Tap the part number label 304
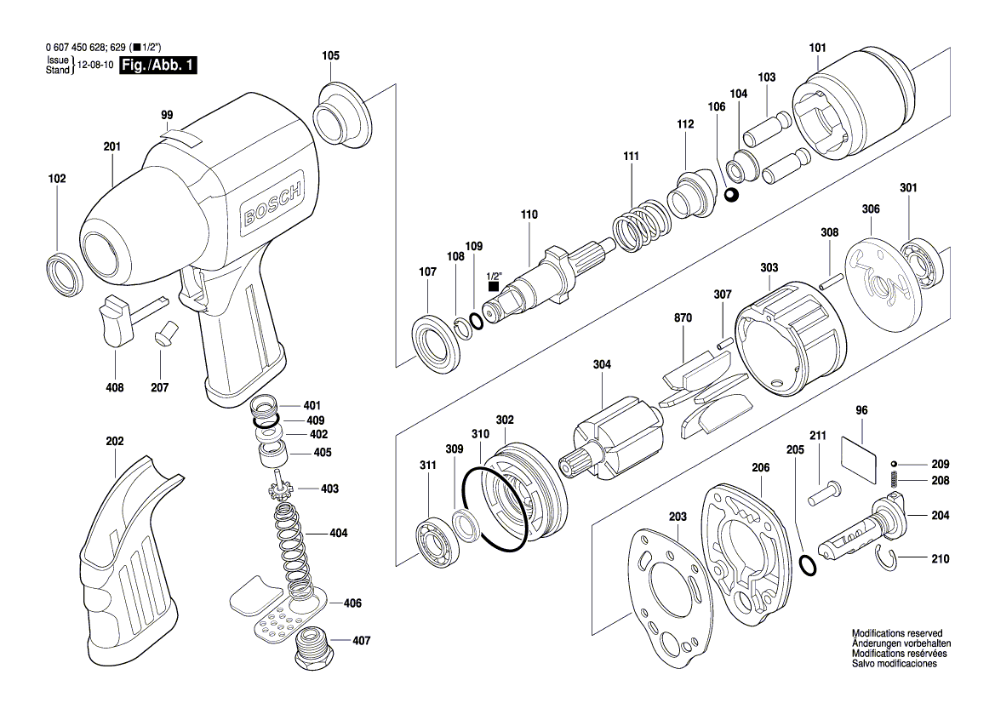pos(603,365)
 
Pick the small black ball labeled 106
pos(731,197)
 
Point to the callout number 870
pos(683,317)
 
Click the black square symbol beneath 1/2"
pos(494,288)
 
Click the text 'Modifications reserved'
pos(896,634)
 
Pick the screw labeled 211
pos(823,491)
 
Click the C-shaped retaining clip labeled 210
pos(889,560)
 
